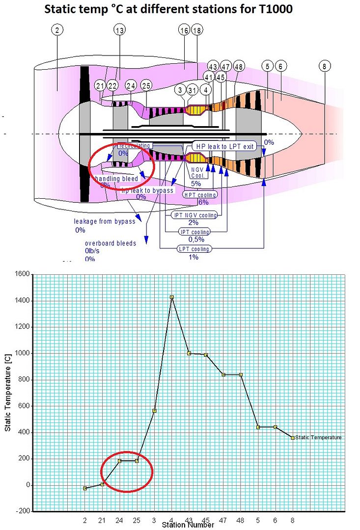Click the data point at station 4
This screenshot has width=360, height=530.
click(x=172, y=297)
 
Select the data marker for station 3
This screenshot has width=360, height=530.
click(x=154, y=410)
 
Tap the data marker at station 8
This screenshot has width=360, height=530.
click(x=293, y=438)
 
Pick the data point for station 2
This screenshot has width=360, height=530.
click(x=85, y=488)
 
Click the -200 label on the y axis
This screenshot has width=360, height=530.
click(x=22, y=511)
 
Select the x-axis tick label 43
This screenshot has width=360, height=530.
click(x=189, y=519)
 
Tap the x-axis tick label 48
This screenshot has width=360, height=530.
click(x=241, y=519)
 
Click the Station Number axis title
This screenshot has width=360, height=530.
click(x=188, y=525)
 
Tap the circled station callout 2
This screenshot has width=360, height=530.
click(x=57, y=30)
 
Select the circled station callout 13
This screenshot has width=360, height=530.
click(x=119, y=30)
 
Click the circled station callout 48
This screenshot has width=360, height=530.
click(x=239, y=66)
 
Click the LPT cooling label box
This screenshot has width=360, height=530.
click(x=194, y=249)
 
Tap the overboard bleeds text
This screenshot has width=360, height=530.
click(x=111, y=243)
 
